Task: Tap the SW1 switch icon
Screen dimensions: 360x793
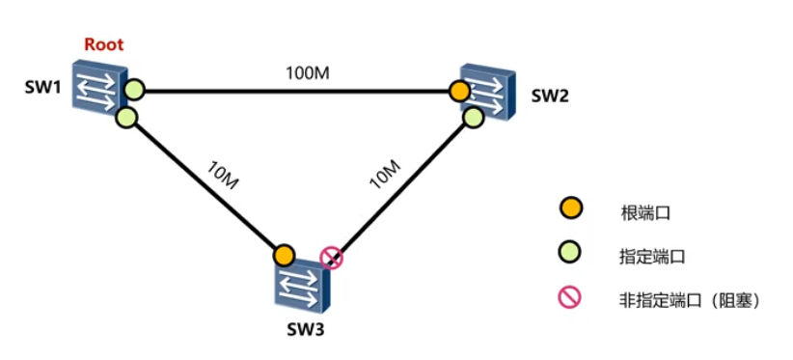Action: pyautogui.click(x=99, y=88)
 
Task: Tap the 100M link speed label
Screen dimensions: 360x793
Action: pyautogui.click(x=308, y=73)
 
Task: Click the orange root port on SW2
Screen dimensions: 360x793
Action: pyautogui.click(x=460, y=92)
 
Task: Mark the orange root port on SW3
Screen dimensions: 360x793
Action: pyautogui.click(x=283, y=256)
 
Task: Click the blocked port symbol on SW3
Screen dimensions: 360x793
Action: pyautogui.click(x=331, y=258)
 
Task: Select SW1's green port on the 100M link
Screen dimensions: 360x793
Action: pyautogui.click(x=134, y=91)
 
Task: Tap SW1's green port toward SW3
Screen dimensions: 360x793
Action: pyautogui.click(x=125, y=118)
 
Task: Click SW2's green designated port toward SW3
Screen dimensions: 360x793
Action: pyautogui.click(x=473, y=117)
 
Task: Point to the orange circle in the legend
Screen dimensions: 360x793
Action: pyautogui.click(x=570, y=208)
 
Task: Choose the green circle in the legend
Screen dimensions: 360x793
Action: pyautogui.click(x=570, y=254)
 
